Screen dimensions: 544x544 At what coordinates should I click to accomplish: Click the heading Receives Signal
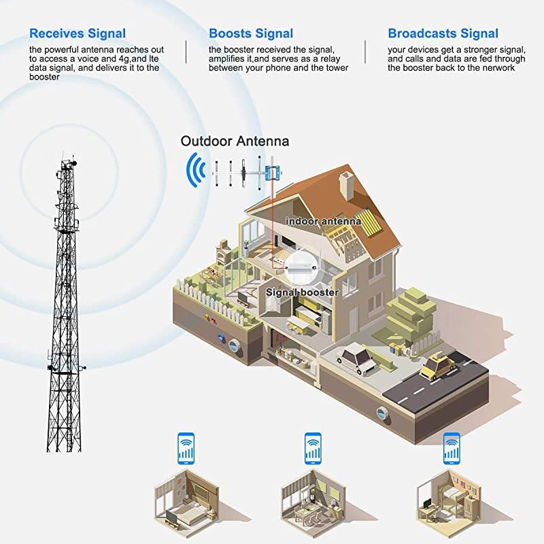pos(77,33)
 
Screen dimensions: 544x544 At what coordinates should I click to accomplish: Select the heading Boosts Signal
pos(251,33)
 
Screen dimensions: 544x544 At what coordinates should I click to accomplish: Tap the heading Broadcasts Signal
pos(443,33)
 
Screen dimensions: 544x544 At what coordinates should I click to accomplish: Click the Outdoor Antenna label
pos(235,141)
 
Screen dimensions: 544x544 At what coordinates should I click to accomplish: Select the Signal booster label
pos(302,292)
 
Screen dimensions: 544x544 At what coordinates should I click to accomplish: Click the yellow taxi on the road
pos(438,367)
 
